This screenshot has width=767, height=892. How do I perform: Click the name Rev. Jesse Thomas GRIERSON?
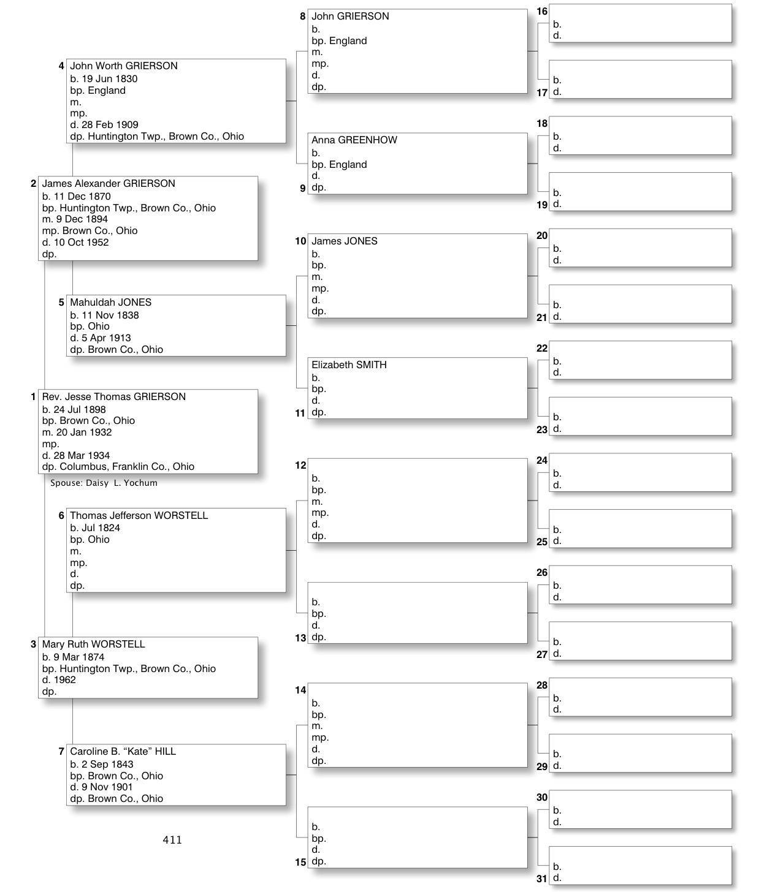[113, 397]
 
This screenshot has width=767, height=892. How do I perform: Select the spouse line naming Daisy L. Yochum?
[104, 483]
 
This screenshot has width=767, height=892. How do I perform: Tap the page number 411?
[172, 840]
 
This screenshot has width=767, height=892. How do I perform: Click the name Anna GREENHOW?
[354, 140]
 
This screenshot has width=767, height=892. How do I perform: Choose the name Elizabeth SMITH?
[349, 365]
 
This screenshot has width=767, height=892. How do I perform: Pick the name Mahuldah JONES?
[110, 303]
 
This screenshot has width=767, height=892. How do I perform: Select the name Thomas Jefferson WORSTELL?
[139, 516]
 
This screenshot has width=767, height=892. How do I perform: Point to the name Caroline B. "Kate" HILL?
[123, 752]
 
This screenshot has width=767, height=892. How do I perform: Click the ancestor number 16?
[542, 12]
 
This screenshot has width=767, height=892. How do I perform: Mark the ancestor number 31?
[542, 879]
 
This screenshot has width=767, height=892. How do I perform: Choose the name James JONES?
[344, 241]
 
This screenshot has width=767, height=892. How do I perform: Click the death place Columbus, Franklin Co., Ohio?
[127, 467]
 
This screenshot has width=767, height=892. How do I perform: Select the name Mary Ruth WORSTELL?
[93, 644]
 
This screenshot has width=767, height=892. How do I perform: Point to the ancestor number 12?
[300, 466]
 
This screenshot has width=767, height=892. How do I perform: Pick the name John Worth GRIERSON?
[123, 66]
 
